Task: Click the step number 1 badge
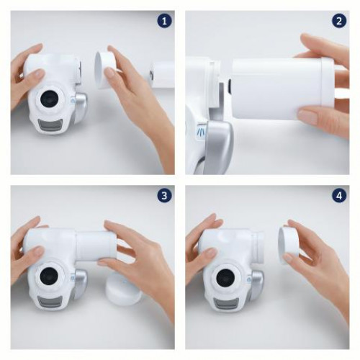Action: [164, 22]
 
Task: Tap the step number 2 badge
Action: [339, 22]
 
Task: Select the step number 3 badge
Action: [164, 196]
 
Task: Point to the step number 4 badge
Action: [339, 196]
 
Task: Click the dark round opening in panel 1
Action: [50, 100]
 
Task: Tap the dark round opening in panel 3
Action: [50, 275]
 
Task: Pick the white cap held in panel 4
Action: [288, 245]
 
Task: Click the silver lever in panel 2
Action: [220, 144]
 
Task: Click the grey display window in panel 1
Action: [50, 125]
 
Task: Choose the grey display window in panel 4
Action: [227, 304]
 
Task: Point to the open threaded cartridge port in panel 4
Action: [257, 247]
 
